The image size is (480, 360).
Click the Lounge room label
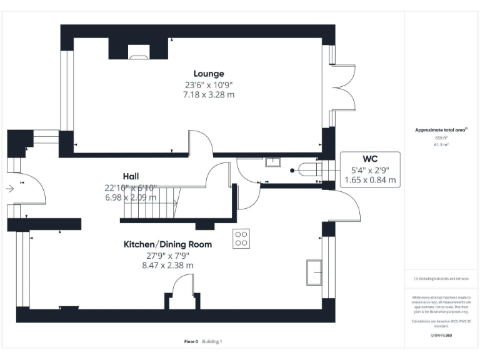[209, 74]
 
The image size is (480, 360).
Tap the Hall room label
[131, 176]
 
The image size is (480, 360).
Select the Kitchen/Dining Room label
[167, 244]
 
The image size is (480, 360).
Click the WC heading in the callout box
[370, 157]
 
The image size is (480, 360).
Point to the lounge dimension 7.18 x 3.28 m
[209, 94]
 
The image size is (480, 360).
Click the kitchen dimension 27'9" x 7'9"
[167, 255]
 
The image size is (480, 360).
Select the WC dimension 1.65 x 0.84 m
[370, 179]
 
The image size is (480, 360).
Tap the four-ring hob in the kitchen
[242, 239]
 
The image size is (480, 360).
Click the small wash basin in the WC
[272, 162]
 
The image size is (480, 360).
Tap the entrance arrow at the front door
[9, 187]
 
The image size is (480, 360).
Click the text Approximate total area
[441, 129]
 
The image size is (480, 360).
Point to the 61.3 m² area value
[441, 144]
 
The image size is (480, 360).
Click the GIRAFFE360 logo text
[441, 336]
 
